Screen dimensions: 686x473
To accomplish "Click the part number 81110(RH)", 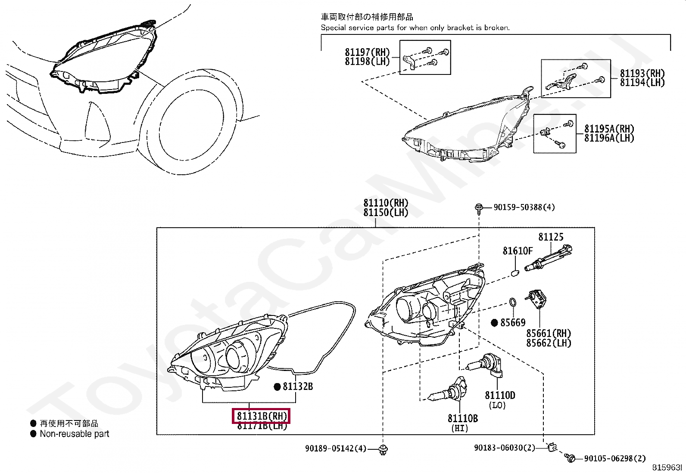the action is (x=385, y=203).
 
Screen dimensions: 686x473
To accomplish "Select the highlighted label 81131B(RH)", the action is (x=262, y=416).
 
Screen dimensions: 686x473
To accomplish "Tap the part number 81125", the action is (x=550, y=237).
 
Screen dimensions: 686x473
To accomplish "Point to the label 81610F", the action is (x=518, y=250).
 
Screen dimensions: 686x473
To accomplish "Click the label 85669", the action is (x=513, y=322).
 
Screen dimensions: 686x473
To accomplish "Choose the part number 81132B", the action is (x=298, y=386).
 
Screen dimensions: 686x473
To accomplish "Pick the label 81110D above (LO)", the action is (x=500, y=395).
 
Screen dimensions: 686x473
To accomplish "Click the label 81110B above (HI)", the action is (x=462, y=418).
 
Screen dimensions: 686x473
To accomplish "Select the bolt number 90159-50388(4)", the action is (x=524, y=207).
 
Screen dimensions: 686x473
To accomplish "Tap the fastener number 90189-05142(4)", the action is (x=336, y=448).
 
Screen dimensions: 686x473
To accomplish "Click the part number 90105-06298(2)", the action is (x=615, y=459).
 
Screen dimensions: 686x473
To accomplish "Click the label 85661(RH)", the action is (x=548, y=333).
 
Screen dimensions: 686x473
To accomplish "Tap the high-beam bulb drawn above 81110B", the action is (x=448, y=392).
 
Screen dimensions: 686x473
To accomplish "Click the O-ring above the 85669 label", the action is (x=512, y=303).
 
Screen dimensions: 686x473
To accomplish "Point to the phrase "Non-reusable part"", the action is (x=75, y=434).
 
